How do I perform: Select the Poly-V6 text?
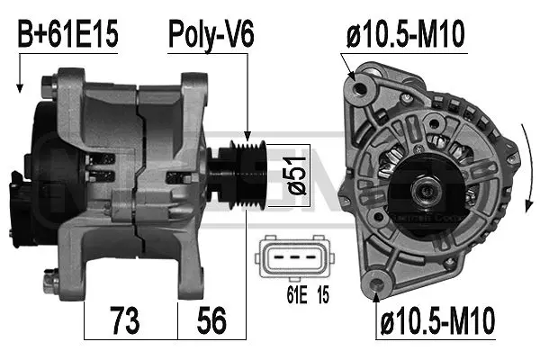click(x=211, y=36)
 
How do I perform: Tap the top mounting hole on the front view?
click(x=364, y=88)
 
